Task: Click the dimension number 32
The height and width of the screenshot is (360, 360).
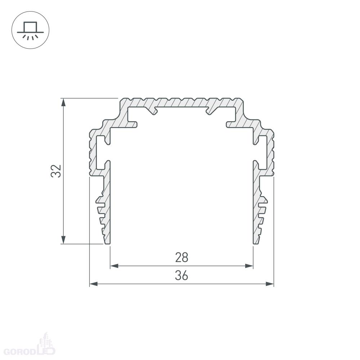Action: point(56,171)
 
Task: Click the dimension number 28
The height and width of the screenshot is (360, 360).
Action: point(181,257)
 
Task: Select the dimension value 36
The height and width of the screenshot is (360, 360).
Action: point(181,275)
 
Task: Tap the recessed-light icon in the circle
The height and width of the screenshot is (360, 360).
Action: point(30,31)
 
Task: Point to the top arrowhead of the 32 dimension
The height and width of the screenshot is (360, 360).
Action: point(63,102)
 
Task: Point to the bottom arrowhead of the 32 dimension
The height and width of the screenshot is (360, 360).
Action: point(63,240)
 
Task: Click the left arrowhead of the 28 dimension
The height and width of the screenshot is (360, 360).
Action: point(114,266)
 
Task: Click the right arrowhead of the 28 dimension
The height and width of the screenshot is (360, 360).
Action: point(249,266)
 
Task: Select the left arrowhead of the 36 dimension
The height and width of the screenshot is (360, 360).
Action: point(94,284)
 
